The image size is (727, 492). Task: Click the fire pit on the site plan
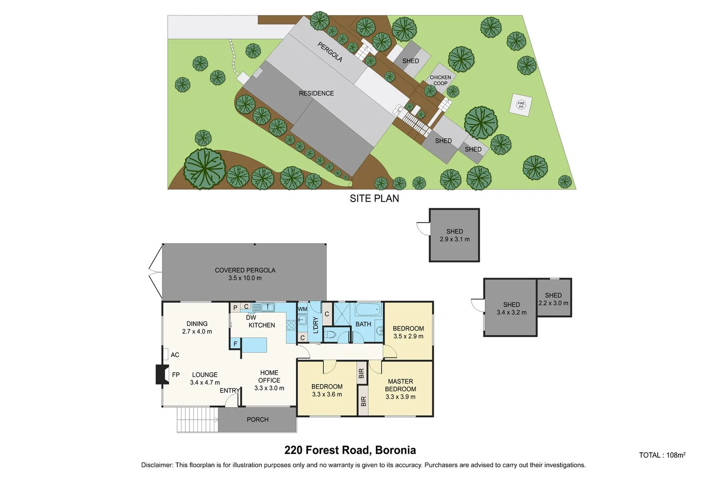pyautogui.click(x=521, y=104)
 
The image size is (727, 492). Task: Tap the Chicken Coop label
pyautogui.click(x=440, y=80)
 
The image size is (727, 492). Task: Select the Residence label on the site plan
pyautogui.click(x=316, y=93)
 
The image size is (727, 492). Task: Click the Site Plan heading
pyautogui.click(x=374, y=199)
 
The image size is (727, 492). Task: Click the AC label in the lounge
pyautogui.click(x=175, y=355)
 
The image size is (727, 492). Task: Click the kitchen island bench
pyautogui.click(x=254, y=345)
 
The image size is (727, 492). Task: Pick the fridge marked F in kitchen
pyautogui.click(x=235, y=343)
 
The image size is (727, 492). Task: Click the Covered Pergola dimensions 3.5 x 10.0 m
pyautogui.click(x=245, y=278)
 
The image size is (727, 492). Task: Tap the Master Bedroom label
pyautogui.click(x=400, y=385)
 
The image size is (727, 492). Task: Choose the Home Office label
pyautogui.click(x=269, y=376)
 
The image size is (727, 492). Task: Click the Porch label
pyautogui.click(x=258, y=420)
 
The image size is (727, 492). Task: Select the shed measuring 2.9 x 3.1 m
pyautogui.click(x=454, y=235)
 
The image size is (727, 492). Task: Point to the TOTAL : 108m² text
pyautogui.click(x=662, y=455)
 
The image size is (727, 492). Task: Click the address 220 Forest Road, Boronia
pyautogui.click(x=350, y=450)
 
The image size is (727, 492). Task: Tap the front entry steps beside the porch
pyautogui.click(x=197, y=420)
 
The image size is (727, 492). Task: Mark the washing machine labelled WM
pyautogui.click(x=302, y=310)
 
